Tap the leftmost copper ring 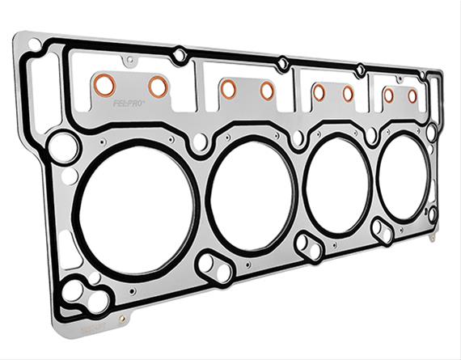tap(104, 84)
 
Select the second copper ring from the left tap(158, 86)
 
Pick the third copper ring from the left tap(228, 89)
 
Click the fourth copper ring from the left tap(266, 91)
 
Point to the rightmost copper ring tap(412, 96)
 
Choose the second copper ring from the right tap(388, 95)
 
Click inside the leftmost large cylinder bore tap(133, 211)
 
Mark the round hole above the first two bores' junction tap(199, 142)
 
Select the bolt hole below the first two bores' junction tap(213, 266)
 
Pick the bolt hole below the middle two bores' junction tap(307, 244)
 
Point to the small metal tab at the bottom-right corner tap(434, 237)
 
